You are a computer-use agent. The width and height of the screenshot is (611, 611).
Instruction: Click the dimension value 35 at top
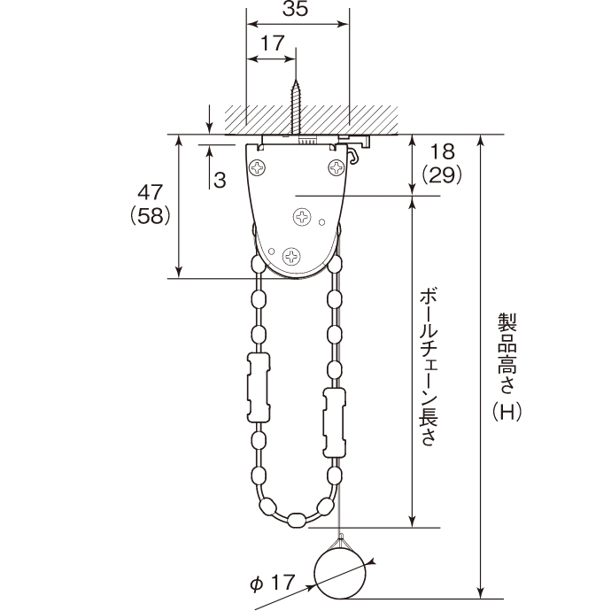[x=297, y=11]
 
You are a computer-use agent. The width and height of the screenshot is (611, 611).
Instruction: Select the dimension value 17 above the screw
[x=272, y=42]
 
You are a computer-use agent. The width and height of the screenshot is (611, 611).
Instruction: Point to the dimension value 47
[x=149, y=192]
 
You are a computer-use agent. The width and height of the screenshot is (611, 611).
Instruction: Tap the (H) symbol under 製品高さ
[x=507, y=411]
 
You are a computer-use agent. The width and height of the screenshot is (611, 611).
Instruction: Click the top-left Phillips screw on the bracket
[x=258, y=166]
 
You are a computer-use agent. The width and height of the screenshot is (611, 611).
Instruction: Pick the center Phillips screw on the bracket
[x=303, y=216]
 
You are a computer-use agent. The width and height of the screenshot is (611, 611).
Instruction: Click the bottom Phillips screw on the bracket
[x=290, y=256]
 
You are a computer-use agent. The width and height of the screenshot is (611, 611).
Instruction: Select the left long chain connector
[x=258, y=385]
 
